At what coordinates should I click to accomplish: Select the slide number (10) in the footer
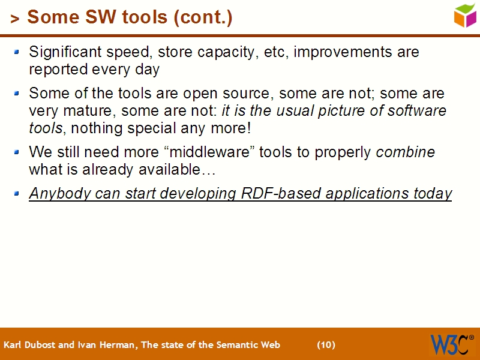[326, 345]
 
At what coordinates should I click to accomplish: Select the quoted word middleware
[217, 152]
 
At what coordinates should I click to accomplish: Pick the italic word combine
[405, 152]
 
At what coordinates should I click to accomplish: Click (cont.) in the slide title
[202, 18]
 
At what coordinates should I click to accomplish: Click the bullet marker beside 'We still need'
[17, 152]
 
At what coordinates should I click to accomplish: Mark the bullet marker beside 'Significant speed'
[17, 53]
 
